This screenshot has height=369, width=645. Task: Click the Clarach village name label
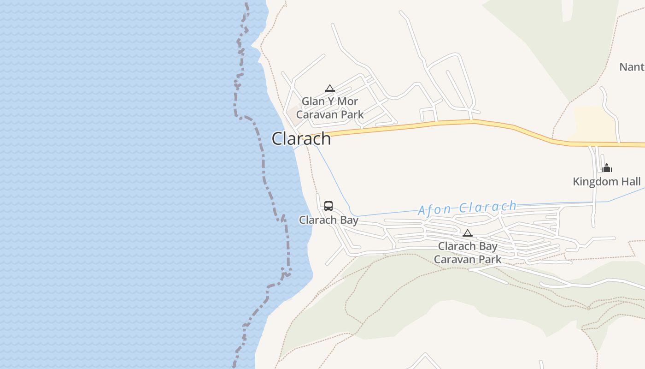click(301, 139)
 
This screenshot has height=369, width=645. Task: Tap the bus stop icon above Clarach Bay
click(328, 206)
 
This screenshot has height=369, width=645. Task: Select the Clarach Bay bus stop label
click(328, 220)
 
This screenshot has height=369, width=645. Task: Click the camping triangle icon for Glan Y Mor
click(329, 88)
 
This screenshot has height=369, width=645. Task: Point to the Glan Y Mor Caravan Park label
click(330, 108)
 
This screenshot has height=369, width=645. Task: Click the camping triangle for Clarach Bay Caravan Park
click(468, 233)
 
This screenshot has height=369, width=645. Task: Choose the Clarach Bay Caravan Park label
click(468, 253)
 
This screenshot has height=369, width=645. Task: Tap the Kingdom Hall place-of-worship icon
click(607, 168)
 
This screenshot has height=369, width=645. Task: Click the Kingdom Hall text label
click(607, 182)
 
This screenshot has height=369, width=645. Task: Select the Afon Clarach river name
click(467, 208)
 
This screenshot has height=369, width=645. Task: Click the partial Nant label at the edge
click(632, 67)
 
